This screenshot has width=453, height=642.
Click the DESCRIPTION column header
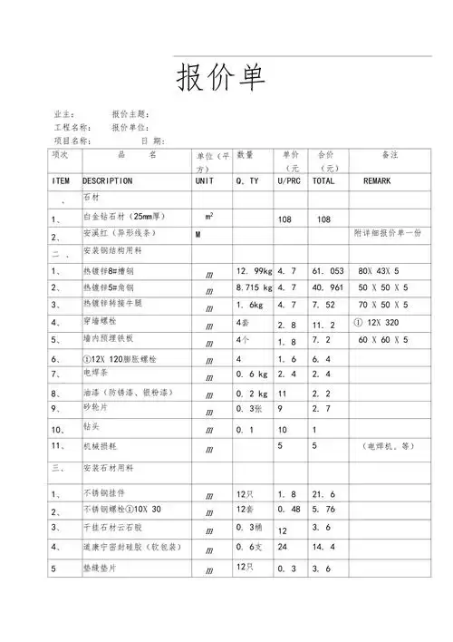107,181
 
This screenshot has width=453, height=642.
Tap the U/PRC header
290,181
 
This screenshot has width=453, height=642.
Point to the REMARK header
377,181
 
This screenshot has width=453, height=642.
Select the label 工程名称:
72,128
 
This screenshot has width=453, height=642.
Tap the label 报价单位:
130,128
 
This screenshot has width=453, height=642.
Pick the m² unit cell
209,218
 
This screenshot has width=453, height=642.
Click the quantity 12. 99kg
253,271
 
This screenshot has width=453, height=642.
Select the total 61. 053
327,271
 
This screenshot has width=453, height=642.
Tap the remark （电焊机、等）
389,446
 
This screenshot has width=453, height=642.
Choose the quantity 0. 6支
248,547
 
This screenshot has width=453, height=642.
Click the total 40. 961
327,288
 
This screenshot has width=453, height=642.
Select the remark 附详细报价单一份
388,234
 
